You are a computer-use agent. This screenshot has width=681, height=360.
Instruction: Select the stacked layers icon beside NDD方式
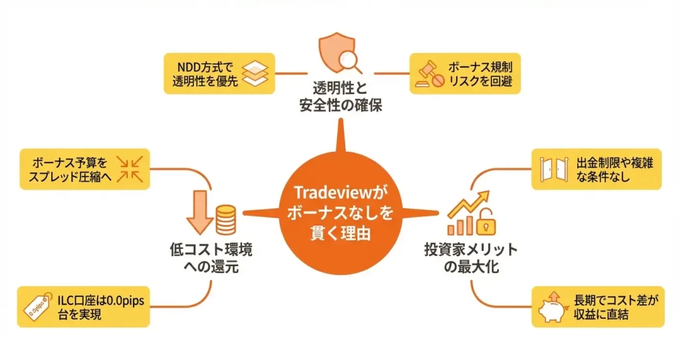tap(254, 74)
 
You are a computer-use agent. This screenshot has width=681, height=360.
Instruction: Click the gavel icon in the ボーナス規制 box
tap(428, 74)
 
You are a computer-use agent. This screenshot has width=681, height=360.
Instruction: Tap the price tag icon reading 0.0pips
tap(39, 307)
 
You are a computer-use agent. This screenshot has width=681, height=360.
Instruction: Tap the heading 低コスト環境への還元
tap(211, 260)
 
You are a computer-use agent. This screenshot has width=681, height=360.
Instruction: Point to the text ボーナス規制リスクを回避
tap(482, 74)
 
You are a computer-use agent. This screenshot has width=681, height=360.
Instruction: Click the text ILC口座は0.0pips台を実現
tap(100, 307)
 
